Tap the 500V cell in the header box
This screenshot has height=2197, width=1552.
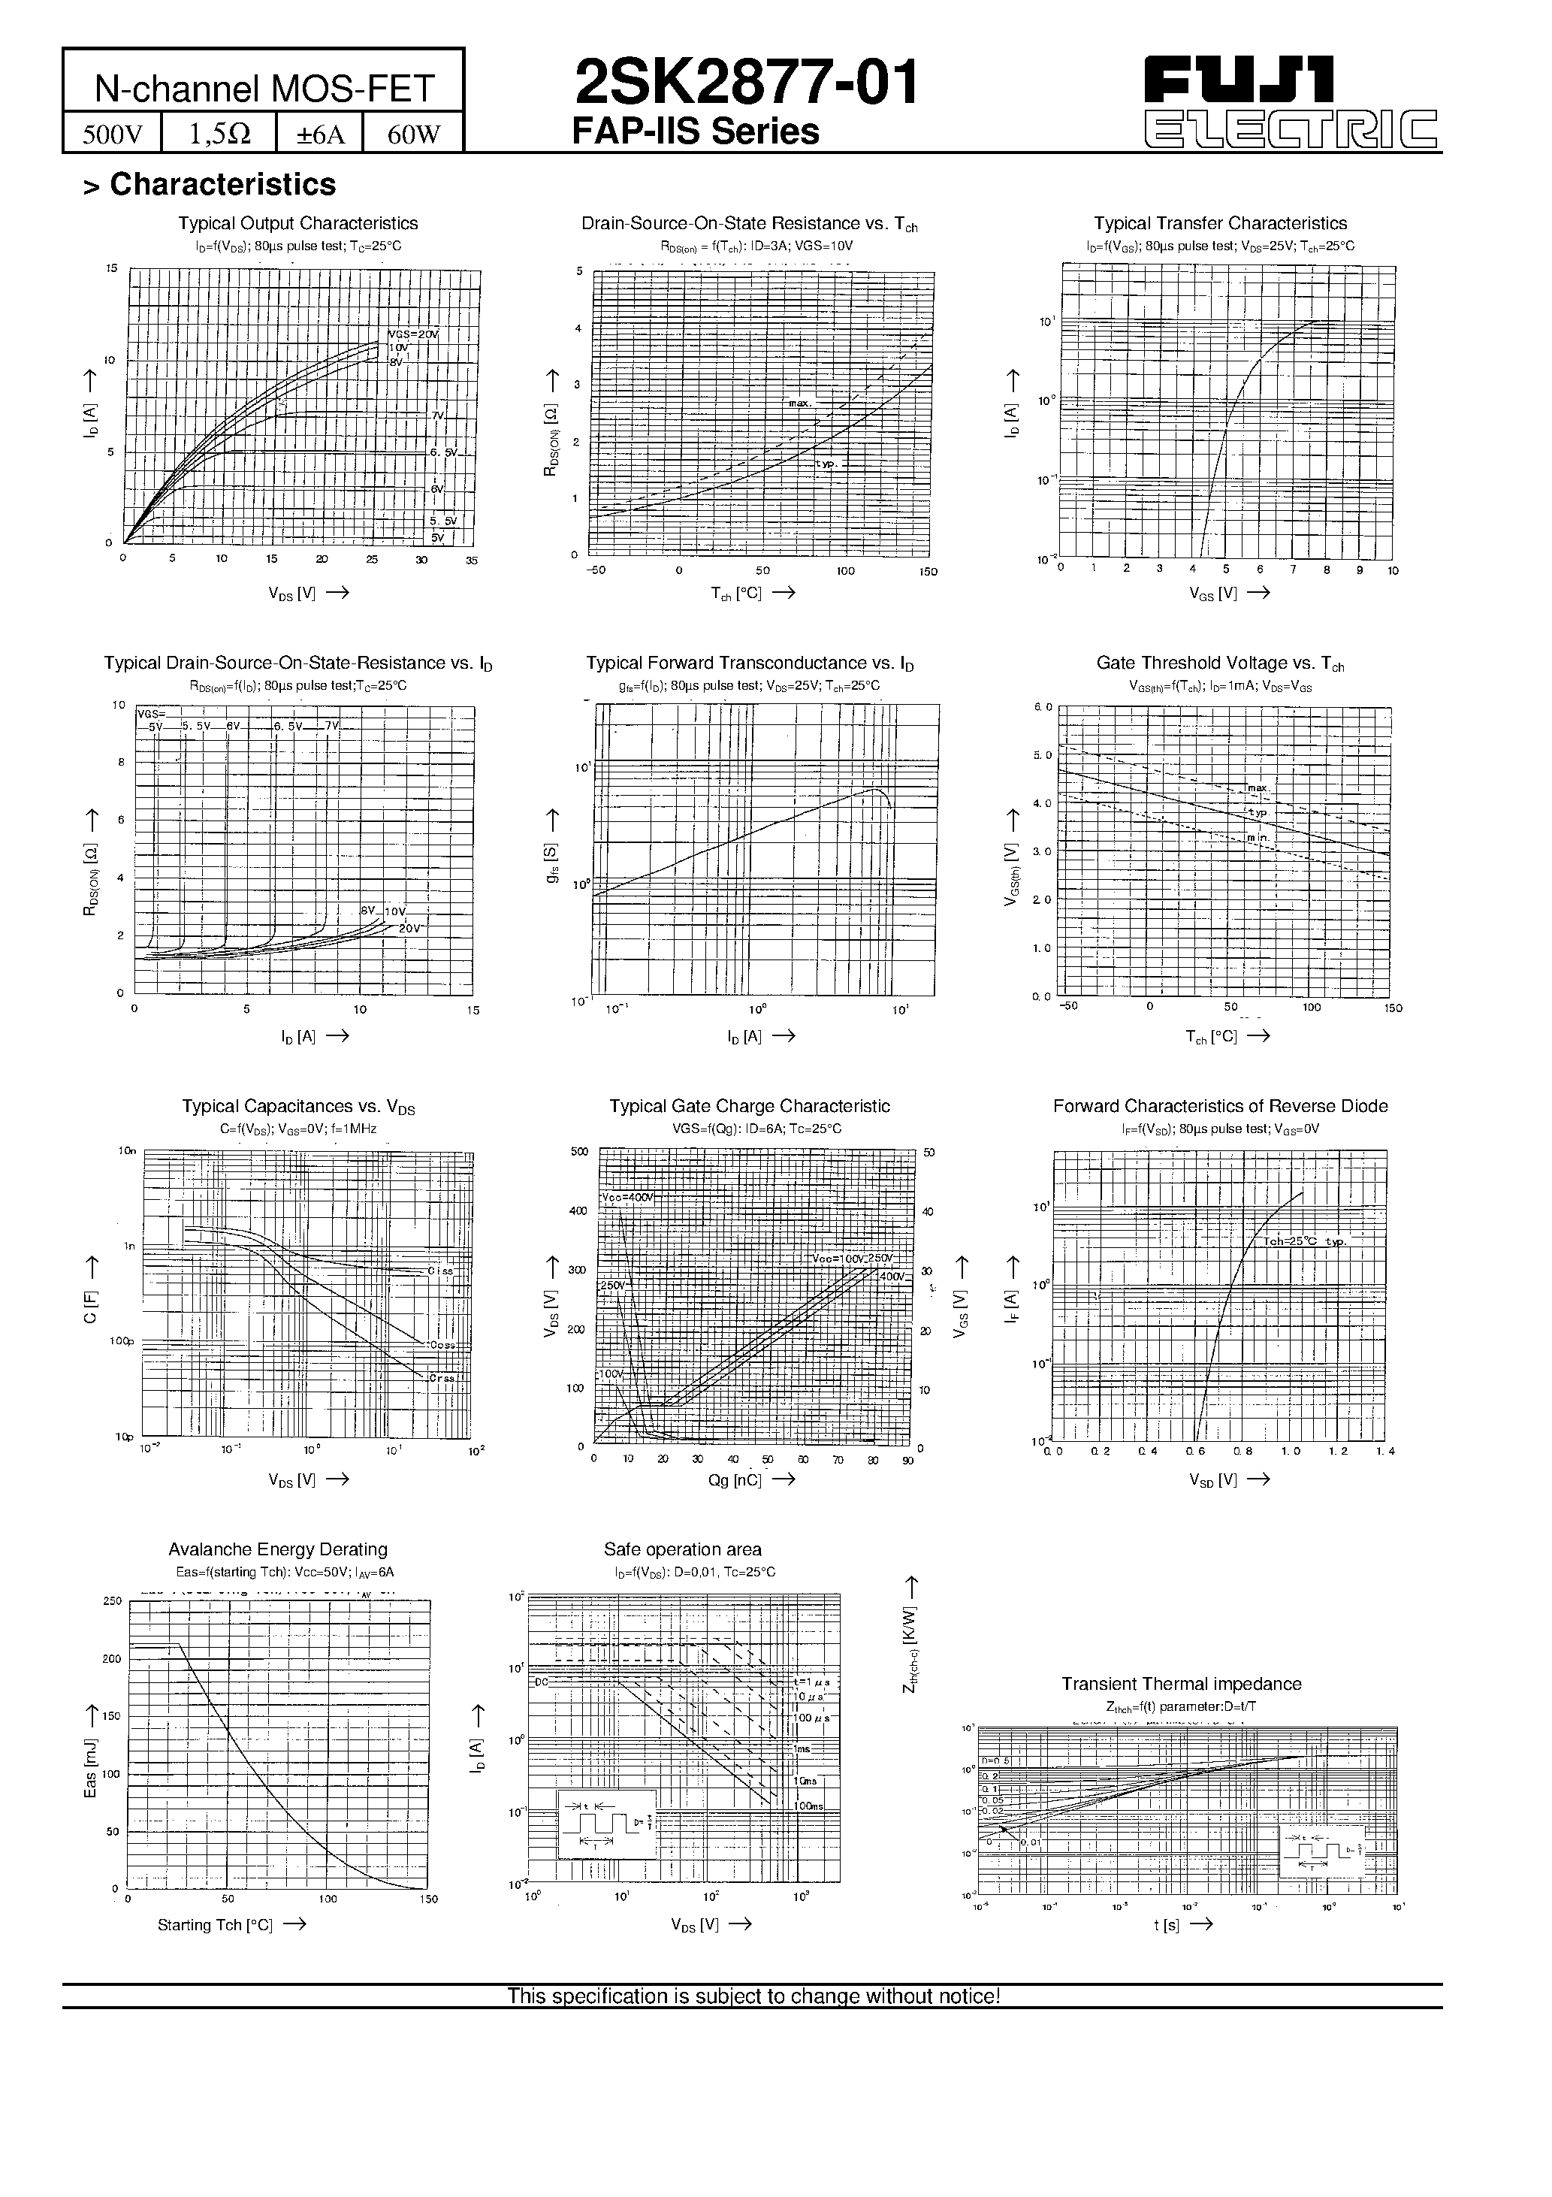click(112, 134)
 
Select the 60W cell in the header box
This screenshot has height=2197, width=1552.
click(413, 134)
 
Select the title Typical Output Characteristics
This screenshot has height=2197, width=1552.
click(297, 223)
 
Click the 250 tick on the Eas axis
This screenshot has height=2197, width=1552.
click(112, 1601)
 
